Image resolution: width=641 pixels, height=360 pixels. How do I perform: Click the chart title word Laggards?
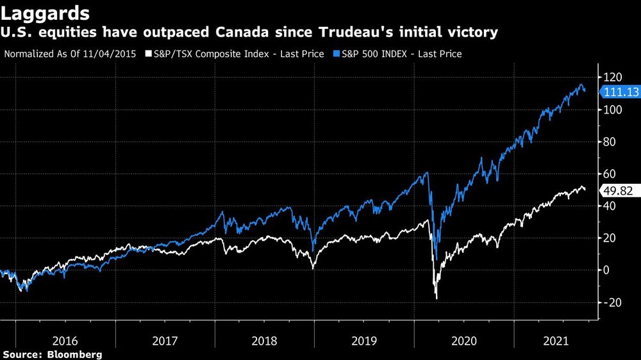tap(45, 12)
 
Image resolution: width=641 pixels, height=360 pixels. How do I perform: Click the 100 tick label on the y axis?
tap(612, 110)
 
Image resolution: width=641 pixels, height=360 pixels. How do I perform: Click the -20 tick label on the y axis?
tap(611, 302)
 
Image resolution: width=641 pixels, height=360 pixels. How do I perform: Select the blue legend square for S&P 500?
tap(337, 54)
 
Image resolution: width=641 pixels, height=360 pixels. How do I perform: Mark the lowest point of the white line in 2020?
tap(437, 299)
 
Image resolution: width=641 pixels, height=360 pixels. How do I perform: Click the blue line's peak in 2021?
tap(581, 85)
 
